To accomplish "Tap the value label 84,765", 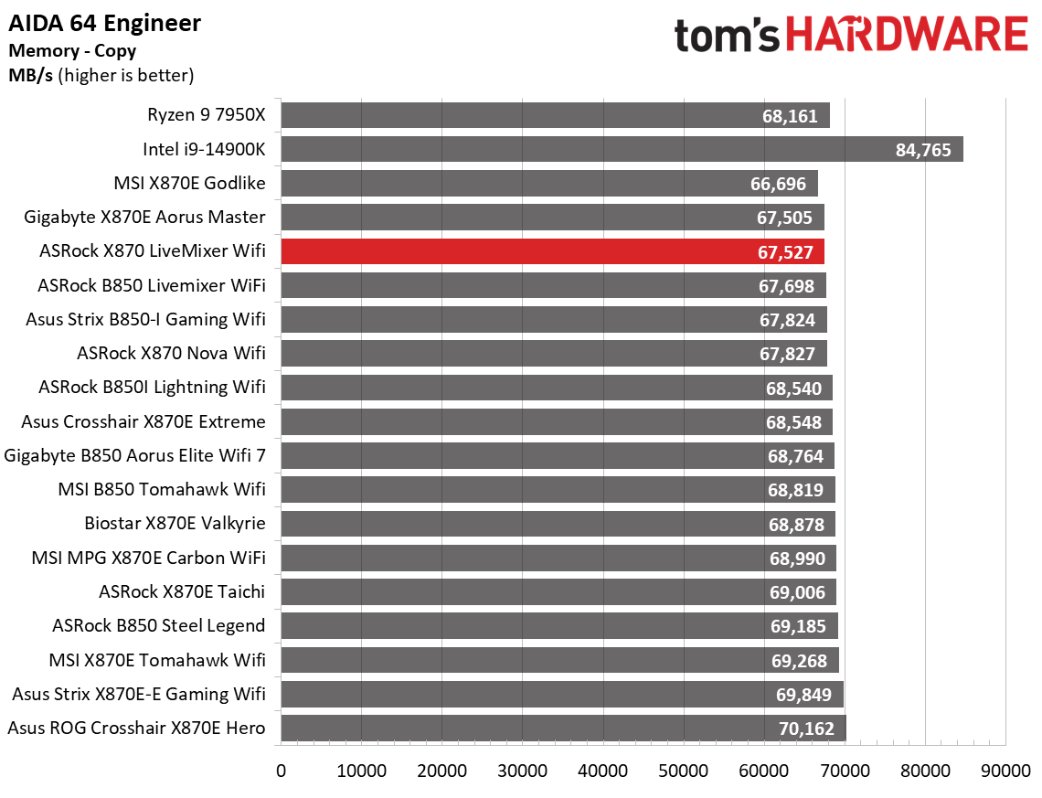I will (x=925, y=150).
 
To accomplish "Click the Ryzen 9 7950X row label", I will (x=206, y=115).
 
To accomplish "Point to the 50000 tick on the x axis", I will (x=684, y=771).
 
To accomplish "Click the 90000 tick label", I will (x=1005, y=771).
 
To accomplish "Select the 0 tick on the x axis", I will (x=282, y=771).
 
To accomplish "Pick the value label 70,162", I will (x=803, y=729).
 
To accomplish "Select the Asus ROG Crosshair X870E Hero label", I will (x=136, y=729).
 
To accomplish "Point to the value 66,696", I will (x=778, y=184).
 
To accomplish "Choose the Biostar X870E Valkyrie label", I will (x=175, y=524).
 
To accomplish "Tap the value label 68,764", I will (x=795, y=456).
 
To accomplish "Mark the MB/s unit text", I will (x=31, y=76).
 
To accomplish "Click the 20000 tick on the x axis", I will (x=442, y=771).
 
